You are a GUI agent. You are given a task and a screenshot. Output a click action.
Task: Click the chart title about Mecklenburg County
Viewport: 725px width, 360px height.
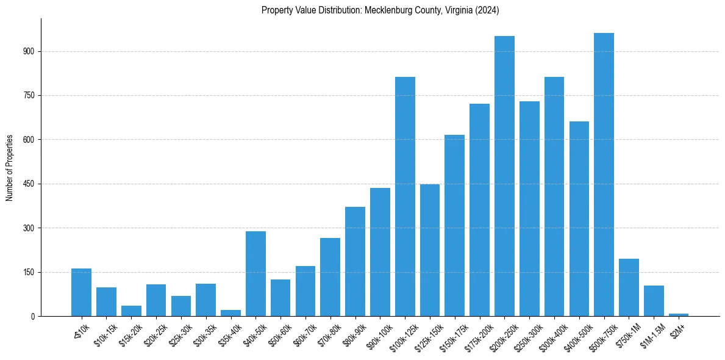coord(380,10)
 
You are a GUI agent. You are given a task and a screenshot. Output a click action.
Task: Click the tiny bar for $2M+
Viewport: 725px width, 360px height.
coord(678,314)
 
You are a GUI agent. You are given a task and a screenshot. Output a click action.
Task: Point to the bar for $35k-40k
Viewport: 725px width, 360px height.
coord(230,313)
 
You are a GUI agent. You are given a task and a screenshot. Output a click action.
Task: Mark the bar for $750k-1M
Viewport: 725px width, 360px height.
coord(629,287)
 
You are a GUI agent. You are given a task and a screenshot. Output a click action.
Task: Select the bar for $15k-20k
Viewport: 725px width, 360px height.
coord(131,311)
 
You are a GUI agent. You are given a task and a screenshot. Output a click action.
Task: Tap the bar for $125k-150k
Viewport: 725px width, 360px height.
coord(430,250)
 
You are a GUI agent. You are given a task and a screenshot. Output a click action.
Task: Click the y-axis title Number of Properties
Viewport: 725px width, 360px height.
coord(10,167)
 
